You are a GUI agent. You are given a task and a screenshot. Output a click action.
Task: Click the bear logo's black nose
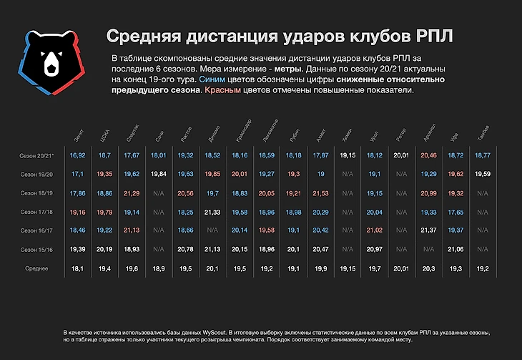click(52, 70)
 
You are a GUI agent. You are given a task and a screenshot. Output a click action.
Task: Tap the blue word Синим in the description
click(212, 80)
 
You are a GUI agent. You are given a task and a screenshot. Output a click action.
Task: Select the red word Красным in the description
click(222, 92)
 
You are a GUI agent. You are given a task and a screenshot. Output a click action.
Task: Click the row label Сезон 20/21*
click(33, 155)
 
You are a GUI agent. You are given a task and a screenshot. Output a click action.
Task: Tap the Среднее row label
click(36, 268)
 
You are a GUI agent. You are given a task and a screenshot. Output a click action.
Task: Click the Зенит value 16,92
click(78, 155)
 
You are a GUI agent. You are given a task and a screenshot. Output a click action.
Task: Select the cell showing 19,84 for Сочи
click(158, 174)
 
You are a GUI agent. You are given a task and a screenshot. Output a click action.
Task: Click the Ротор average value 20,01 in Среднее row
click(402, 268)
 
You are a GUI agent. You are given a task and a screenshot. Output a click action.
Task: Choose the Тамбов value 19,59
click(483, 174)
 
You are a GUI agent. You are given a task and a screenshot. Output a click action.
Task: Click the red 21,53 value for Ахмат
click(320, 193)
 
